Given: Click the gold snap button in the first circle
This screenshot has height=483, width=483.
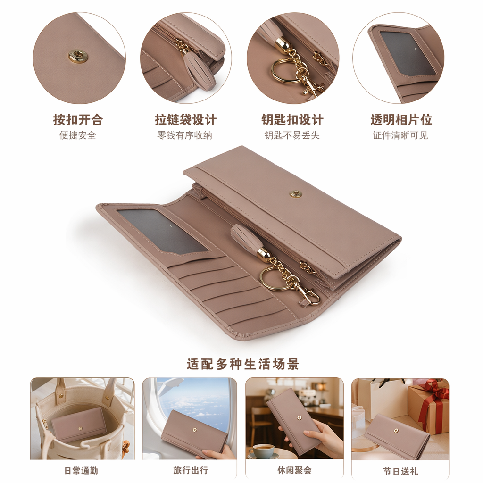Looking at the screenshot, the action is tap(78, 57).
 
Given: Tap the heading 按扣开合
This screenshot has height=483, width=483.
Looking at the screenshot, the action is tap(78, 119).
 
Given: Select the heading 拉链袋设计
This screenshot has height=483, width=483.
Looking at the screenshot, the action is tap(185, 119).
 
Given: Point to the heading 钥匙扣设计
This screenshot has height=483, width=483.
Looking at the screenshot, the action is tap(292, 119).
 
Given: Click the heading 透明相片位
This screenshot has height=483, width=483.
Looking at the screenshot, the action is tap(401, 119).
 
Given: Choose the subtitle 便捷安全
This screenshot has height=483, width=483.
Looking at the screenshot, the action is tap(78, 135).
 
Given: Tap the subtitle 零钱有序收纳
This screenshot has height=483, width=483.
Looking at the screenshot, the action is tap(185, 135).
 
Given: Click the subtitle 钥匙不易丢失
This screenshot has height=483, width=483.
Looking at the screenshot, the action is tap(292, 135).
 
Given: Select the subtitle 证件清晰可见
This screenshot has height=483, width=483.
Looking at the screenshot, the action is tap(400, 135).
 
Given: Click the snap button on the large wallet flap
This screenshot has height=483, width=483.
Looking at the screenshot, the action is tap(296, 194).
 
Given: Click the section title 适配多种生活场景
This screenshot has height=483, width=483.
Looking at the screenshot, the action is tap(243, 364).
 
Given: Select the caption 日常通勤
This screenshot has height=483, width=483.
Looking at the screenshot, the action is tap(81, 471).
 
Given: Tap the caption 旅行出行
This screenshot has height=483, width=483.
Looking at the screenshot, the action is tap(191, 470).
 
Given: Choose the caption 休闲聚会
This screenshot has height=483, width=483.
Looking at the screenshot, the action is tap(294, 470).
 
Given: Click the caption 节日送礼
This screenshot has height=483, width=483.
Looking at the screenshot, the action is tap(401, 471).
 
